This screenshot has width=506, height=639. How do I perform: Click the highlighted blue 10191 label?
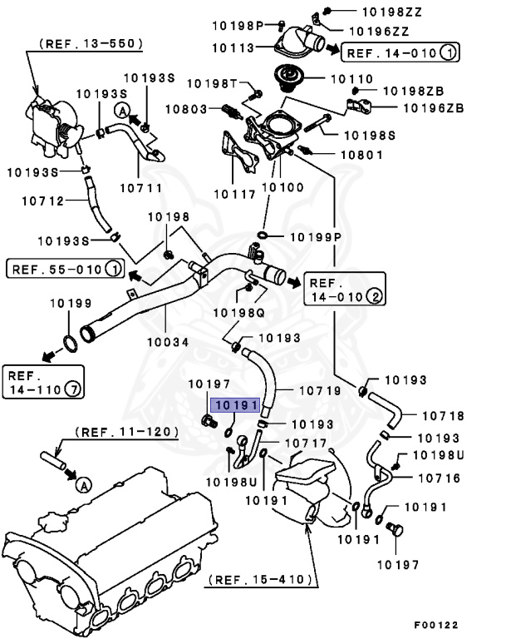236,405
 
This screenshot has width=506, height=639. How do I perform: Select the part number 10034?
168,341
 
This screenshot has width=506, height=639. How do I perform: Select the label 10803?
187,109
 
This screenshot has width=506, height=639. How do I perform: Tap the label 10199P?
316,238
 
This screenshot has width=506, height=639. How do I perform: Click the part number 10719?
319,389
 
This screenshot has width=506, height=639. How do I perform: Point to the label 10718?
442,415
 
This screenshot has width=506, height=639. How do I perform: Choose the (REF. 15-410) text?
262,579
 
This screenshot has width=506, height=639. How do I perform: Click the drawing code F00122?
435,625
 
